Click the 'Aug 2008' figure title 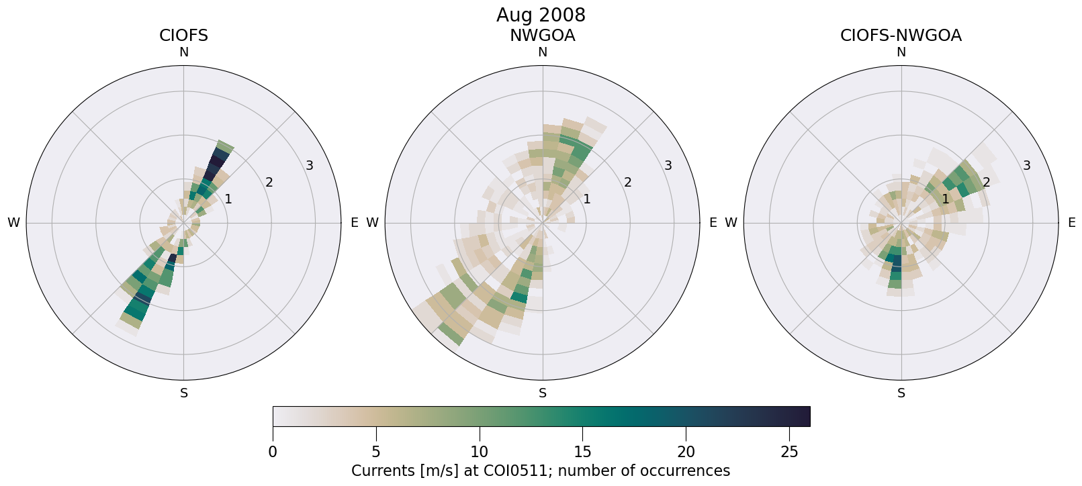point(541,15)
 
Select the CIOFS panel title point(183,36)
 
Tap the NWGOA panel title point(542,36)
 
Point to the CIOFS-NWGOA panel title point(901,36)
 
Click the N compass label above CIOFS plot point(183,52)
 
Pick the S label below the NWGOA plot point(543,393)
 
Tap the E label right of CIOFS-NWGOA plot point(1071,223)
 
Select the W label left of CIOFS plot point(13,223)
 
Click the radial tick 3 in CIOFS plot point(310,165)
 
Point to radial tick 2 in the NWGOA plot point(627,182)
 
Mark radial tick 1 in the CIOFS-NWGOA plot point(945,199)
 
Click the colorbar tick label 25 point(789,452)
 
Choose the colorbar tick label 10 point(479,452)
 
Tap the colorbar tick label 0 point(273,452)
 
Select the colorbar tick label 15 point(582,452)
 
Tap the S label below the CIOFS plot point(184,393)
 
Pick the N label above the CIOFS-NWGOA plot point(901,52)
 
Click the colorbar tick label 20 point(686,452)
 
